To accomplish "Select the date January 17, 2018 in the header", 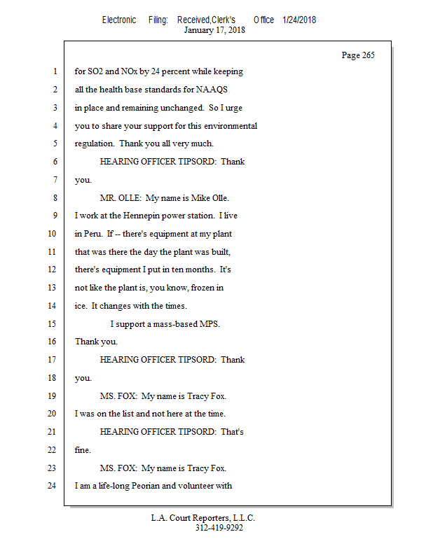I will pyautogui.click(x=214, y=30).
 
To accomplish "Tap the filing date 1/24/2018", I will pyautogui.click(x=299, y=20).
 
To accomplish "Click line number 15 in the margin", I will pyautogui.click(x=51, y=324).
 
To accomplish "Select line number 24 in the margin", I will pyautogui.click(x=51, y=486).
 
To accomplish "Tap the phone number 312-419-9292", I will pyautogui.click(x=219, y=528).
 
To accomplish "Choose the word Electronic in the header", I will pyautogui.click(x=119, y=20).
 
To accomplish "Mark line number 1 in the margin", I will pyautogui.click(x=53, y=72).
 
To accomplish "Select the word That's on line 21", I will pyautogui.click(x=232, y=432).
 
